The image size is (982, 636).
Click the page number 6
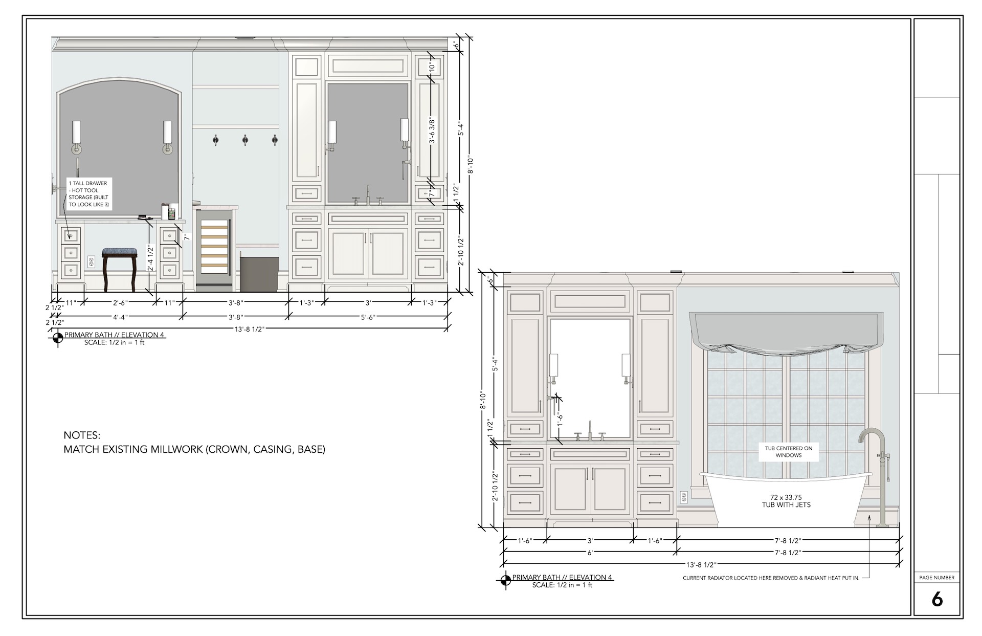coord(936,599)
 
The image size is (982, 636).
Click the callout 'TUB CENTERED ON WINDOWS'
coord(788,451)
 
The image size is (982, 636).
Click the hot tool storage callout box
coord(88,194)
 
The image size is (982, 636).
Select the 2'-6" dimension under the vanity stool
coord(120,303)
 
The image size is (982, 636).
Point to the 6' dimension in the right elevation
coord(590,553)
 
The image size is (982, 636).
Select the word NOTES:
coord(82,435)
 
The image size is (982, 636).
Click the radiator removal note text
coord(771,578)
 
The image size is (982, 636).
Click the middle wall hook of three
coord(245,139)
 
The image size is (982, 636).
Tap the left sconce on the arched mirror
coord(77,137)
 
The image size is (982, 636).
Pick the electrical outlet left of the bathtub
coord(683,497)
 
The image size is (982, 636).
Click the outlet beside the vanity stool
coord(91,261)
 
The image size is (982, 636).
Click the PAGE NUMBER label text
coord(936,578)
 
